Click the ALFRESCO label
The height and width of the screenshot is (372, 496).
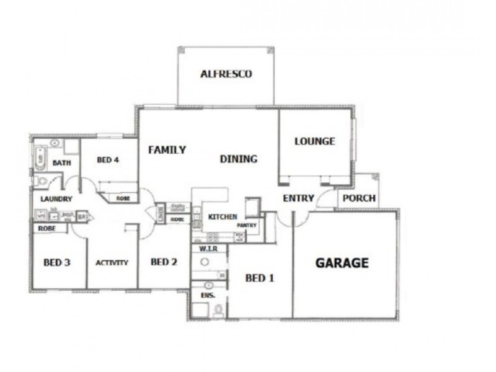(x=226, y=74)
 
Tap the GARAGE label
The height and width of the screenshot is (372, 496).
(x=342, y=263)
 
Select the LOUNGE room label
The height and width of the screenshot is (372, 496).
(x=314, y=141)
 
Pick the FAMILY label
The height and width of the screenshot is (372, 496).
(x=167, y=149)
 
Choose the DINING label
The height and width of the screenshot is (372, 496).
(x=239, y=159)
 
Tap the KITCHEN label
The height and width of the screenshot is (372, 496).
(x=223, y=217)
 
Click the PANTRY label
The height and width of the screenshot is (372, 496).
(x=247, y=226)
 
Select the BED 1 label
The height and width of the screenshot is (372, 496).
(x=259, y=278)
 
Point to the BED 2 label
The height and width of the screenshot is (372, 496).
(x=164, y=262)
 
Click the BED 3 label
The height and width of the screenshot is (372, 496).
(x=56, y=262)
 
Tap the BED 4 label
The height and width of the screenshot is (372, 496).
(x=108, y=160)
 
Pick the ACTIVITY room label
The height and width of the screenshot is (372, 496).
(x=112, y=262)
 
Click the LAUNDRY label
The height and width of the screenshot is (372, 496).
(x=56, y=199)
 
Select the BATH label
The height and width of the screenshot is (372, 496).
(x=61, y=163)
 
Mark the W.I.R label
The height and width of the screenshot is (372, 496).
(x=206, y=248)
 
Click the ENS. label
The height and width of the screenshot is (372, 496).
(x=207, y=296)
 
